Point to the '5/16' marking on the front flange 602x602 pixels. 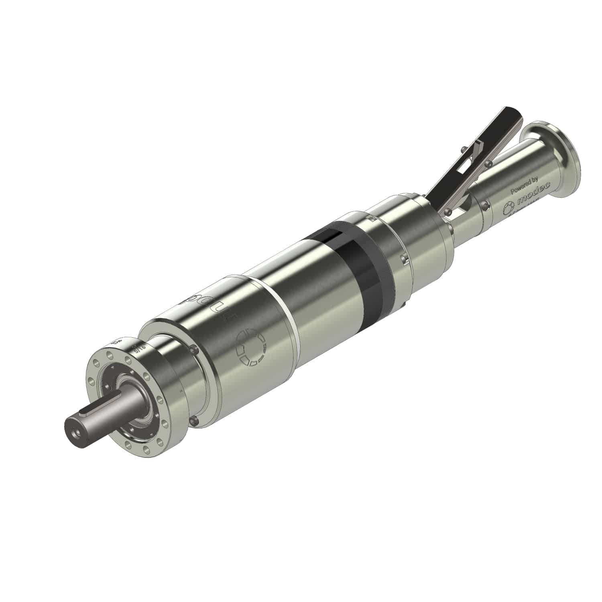(141, 348)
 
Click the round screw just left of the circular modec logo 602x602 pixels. (486, 205)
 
